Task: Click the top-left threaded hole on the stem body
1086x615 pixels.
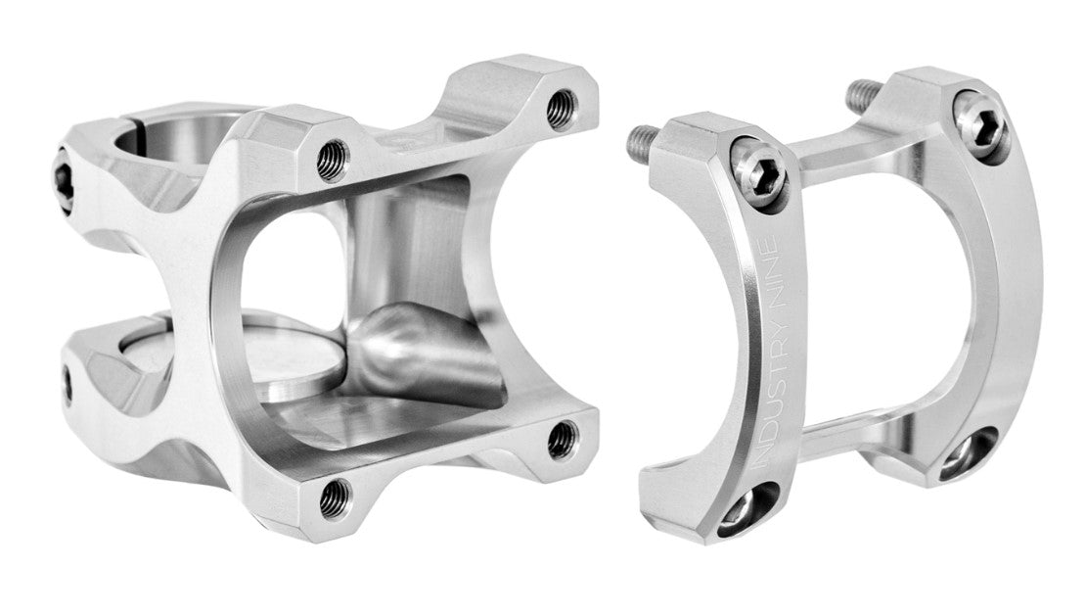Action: pos(333,160)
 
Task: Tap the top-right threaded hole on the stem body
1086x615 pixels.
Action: pos(562,108)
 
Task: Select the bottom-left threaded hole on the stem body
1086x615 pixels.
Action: pos(336,497)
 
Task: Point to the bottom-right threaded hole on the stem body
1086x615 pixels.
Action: pos(563,439)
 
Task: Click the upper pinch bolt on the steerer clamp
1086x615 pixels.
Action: pos(63,180)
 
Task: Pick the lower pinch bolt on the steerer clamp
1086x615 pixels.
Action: pos(67,386)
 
